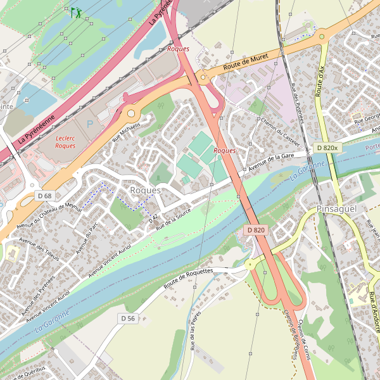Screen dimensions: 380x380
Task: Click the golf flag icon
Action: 76,12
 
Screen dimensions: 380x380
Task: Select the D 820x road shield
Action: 327,148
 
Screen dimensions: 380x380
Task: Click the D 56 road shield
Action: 128,318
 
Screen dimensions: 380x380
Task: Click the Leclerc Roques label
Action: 65,142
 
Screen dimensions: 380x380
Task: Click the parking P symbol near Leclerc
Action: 89,125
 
